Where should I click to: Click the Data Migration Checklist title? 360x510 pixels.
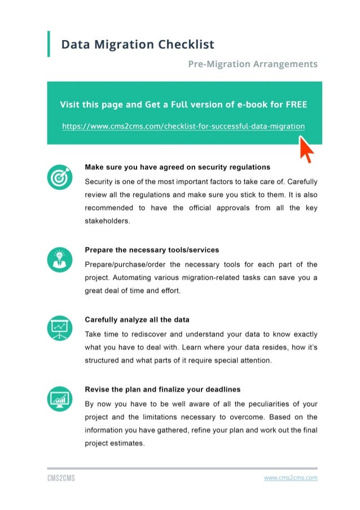click(x=138, y=44)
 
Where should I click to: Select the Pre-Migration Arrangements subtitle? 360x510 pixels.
click(x=252, y=64)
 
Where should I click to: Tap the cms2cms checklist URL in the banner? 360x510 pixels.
click(x=183, y=125)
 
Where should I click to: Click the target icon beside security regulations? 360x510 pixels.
click(x=59, y=178)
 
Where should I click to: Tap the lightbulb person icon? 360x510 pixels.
click(x=59, y=260)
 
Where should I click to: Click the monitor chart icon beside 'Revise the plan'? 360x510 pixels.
click(x=59, y=399)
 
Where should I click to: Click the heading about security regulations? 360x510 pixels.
click(x=177, y=167)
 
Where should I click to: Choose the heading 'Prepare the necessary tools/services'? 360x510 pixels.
click(x=152, y=250)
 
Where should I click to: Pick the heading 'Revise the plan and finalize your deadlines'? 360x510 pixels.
click(x=163, y=390)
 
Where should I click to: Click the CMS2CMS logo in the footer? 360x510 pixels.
click(x=61, y=478)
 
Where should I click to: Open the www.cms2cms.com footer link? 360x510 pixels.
click(x=291, y=478)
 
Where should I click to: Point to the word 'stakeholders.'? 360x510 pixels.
click(x=107, y=221)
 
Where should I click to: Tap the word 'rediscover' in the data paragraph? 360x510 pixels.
click(x=149, y=334)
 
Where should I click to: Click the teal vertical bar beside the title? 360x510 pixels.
click(x=49, y=44)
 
